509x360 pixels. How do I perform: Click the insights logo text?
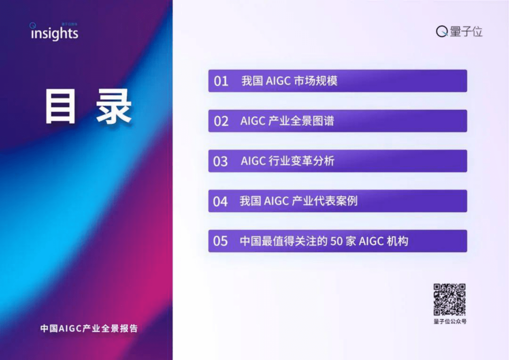(x=54, y=33)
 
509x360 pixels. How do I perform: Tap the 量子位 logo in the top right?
(x=459, y=31)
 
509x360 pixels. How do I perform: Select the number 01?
(x=221, y=81)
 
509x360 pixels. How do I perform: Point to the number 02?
(x=221, y=121)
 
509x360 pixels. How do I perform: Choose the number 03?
(x=220, y=161)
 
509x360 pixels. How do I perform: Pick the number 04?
(x=220, y=201)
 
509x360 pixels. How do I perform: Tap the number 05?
(x=220, y=241)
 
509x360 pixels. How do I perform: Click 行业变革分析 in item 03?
(x=301, y=161)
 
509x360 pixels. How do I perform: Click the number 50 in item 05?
(x=336, y=241)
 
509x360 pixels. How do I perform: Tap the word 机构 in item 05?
(x=397, y=241)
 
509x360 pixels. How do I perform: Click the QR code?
(x=449, y=299)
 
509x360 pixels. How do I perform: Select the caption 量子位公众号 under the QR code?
(x=450, y=321)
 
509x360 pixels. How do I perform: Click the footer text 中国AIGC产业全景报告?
(x=89, y=328)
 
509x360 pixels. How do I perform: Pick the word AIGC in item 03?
(x=253, y=161)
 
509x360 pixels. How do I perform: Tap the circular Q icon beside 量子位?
(x=442, y=31)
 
